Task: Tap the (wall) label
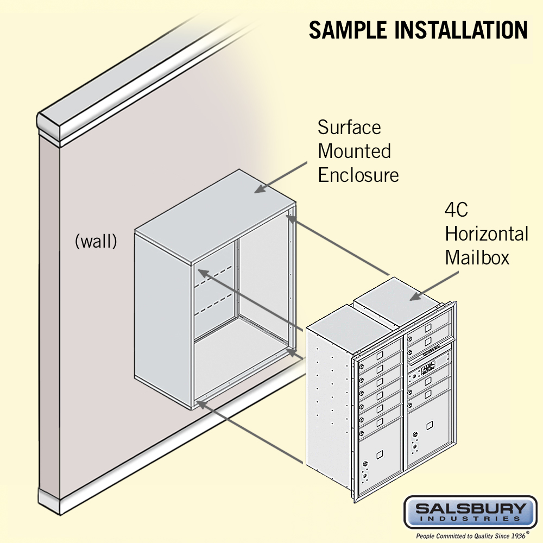[96, 241]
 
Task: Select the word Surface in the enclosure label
[349, 128]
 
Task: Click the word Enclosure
[358, 175]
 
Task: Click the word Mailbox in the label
[477, 257]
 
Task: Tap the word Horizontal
[487, 234]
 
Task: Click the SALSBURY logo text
[470, 509]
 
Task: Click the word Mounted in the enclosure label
[354, 151]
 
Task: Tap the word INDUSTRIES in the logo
[470, 520]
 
